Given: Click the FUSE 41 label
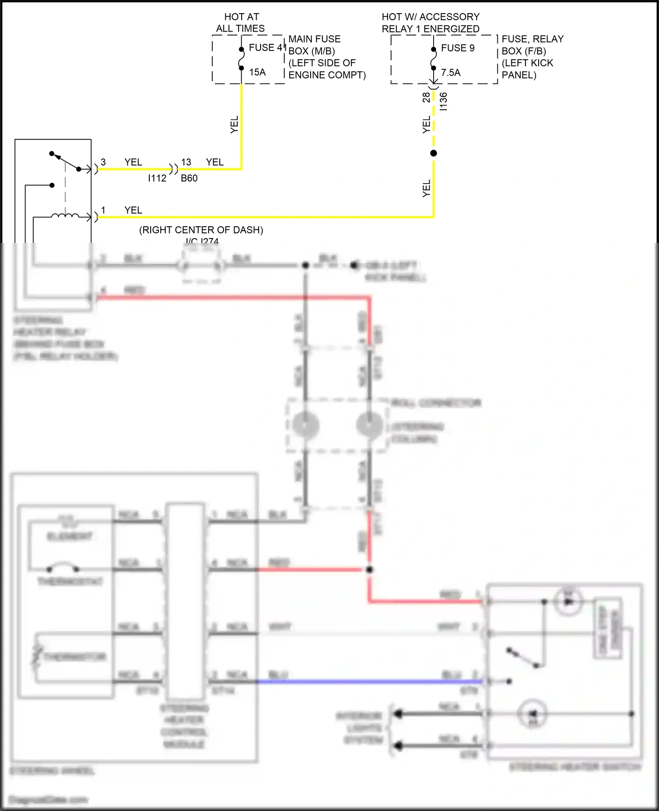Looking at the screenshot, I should tap(267, 47).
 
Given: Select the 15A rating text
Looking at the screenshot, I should tap(257, 72).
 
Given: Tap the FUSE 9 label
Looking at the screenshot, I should tap(458, 48).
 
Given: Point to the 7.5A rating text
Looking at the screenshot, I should tap(451, 72).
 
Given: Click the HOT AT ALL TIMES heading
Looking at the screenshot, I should tap(241, 22).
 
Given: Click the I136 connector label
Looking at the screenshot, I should tap(444, 101).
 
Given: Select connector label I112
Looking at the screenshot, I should tap(157, 178).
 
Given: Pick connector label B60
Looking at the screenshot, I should tap(189, 178).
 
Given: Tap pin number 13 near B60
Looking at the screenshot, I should tap(186, 162).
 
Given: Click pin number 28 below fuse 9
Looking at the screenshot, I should tap(426, 97).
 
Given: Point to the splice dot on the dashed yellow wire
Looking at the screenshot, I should tap(434, 153).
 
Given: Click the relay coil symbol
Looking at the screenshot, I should tap(65, 216).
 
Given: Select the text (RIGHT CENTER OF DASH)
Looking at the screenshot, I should tap(201, 230).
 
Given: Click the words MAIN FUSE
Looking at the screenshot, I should tap(315, 39).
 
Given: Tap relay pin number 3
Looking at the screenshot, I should tap(103, 162).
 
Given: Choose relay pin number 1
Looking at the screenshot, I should tap(103, 210).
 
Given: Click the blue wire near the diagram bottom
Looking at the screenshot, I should tap(369, 681).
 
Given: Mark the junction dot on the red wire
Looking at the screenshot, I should tap(369, 570).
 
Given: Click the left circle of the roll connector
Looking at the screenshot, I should tap(305, 425).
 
